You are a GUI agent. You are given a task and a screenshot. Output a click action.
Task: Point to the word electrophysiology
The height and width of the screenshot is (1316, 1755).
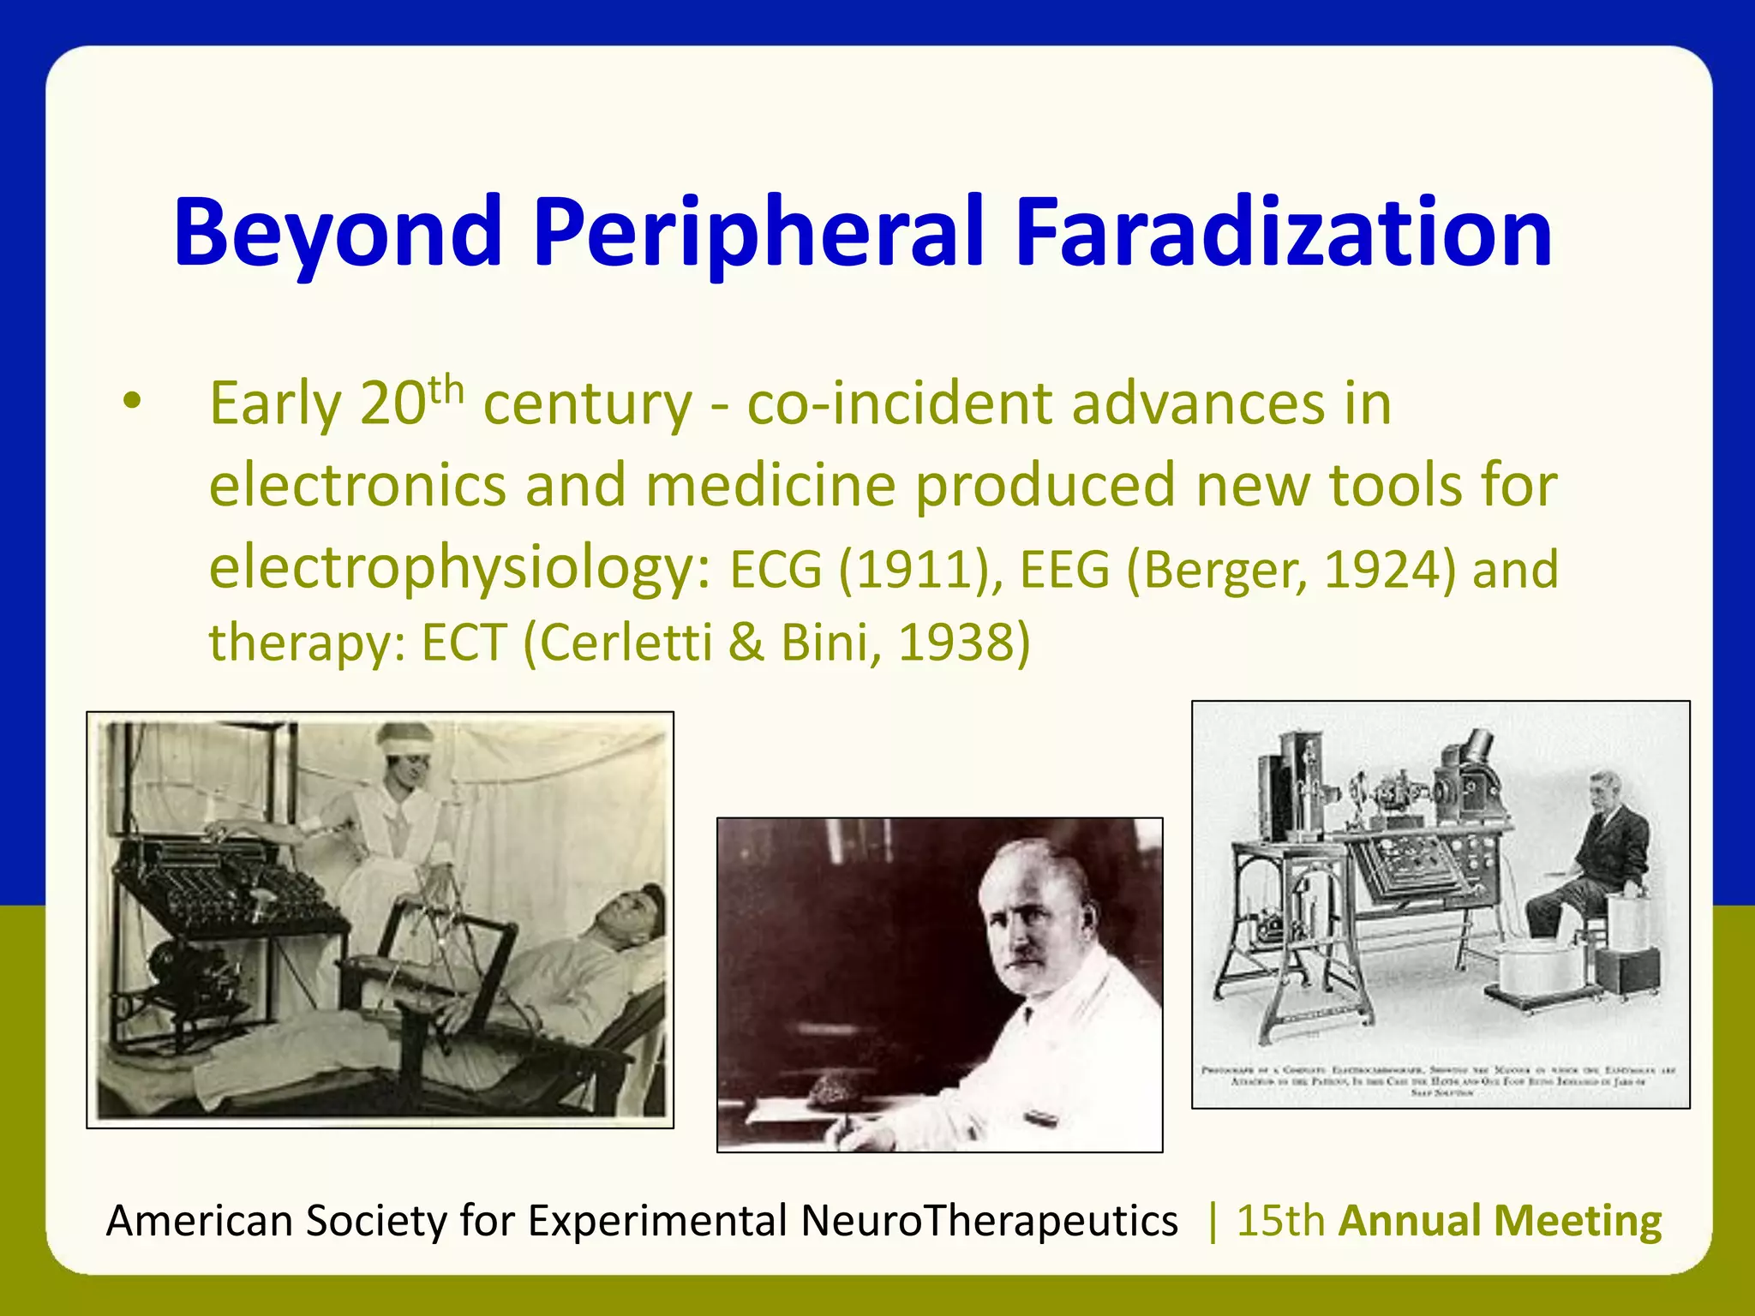coord(459,568)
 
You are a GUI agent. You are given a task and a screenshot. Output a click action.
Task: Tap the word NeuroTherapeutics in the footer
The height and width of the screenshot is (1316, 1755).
coord(989,1221)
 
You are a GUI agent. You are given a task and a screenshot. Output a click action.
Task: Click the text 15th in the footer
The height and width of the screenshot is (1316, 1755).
coord(1280,1221)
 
